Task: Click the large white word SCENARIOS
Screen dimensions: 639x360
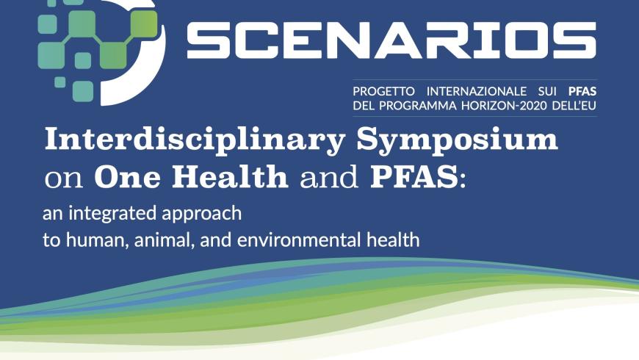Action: tap(391, 40)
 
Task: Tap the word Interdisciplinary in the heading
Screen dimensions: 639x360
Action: tap(195, 140)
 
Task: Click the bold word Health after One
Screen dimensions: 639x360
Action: tap(230, 176)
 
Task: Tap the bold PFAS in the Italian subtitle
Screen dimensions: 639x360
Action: tap(582, 91)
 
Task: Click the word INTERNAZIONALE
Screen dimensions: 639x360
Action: tap(476, 91)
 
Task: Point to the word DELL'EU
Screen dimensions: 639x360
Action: tap(574, 106)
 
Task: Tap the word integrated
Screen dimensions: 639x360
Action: tap(112, 214)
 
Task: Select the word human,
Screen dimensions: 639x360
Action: tap(98, 240)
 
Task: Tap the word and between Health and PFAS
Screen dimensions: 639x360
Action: tap(329, 176)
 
